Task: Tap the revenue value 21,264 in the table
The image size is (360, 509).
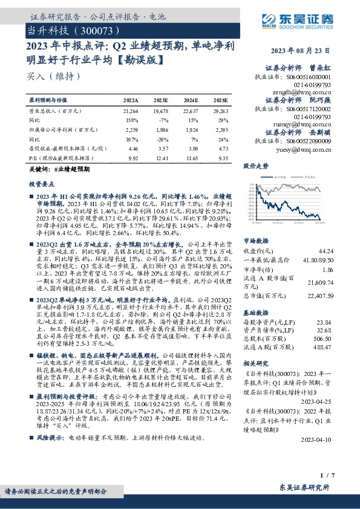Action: coord(130,112)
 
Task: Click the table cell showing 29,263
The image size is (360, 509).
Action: coord(220,112)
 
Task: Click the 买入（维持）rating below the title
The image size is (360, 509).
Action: coord(45,76)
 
